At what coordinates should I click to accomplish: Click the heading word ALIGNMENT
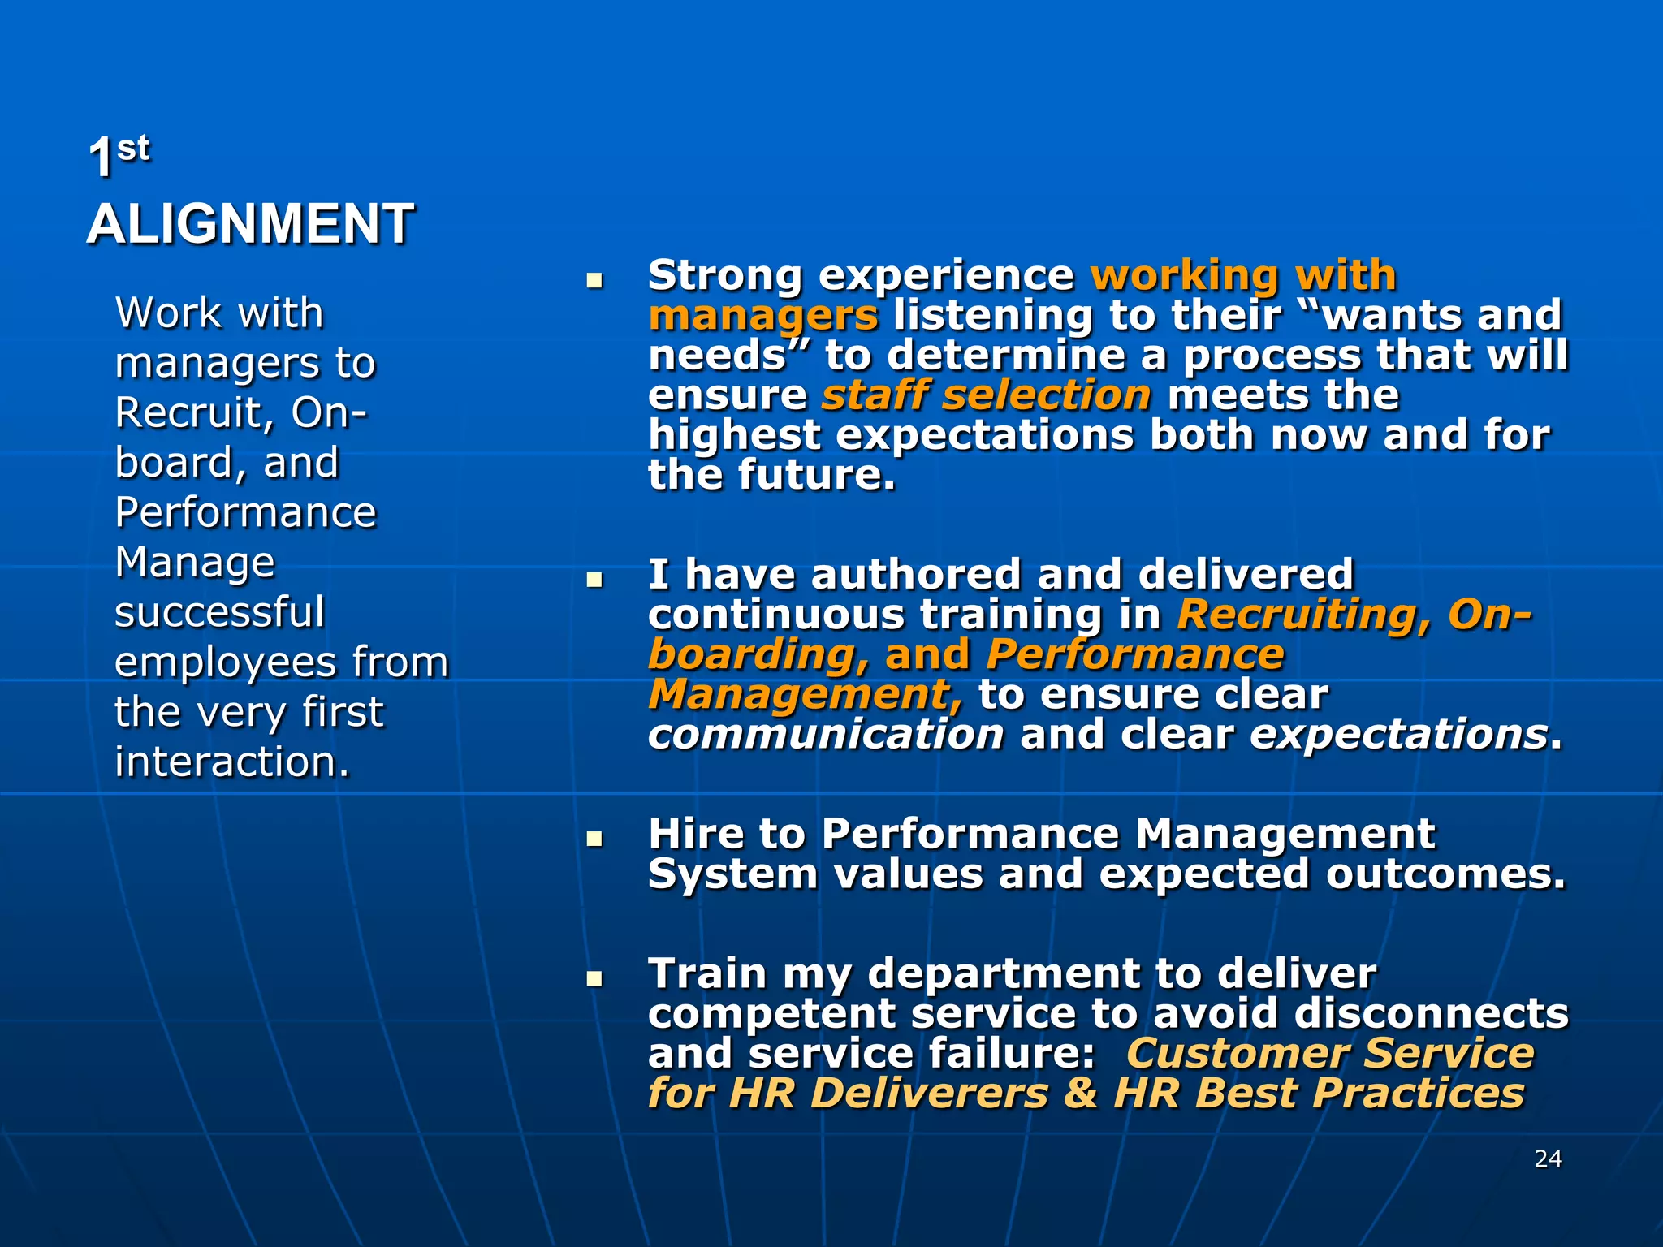pos(250,224)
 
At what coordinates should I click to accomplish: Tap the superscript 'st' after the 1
pos(133,149)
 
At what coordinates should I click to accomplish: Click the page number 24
pos(1548,1159)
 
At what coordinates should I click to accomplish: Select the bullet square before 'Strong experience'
pos(595,281)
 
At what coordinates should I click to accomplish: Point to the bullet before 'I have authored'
pos(595,580)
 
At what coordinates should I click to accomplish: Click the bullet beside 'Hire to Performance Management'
pos(595,839)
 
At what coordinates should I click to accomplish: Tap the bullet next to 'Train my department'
pos(595,978)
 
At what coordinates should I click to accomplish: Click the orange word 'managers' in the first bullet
pos(763,316)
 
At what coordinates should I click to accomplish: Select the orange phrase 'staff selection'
pos(987,395)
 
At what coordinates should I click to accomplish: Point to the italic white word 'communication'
pos(826,735)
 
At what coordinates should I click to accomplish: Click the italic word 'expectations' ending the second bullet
pos(1398,735)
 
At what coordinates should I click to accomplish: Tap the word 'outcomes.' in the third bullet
pos(1445,874)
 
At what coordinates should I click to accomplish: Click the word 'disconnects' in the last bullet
pos(1431,1014)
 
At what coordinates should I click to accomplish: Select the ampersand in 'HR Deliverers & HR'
pos(1081,1093)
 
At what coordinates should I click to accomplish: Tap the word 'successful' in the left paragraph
pos(219,612)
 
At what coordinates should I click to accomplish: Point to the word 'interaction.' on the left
pos(232,762)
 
